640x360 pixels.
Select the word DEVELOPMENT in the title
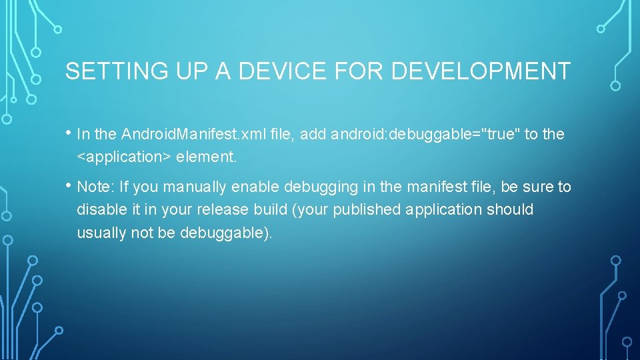coord(481,71)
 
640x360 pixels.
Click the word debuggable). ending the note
coord(227,233)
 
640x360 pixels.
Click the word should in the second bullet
coord(510,209)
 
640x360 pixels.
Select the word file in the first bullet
coord(283,135)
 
